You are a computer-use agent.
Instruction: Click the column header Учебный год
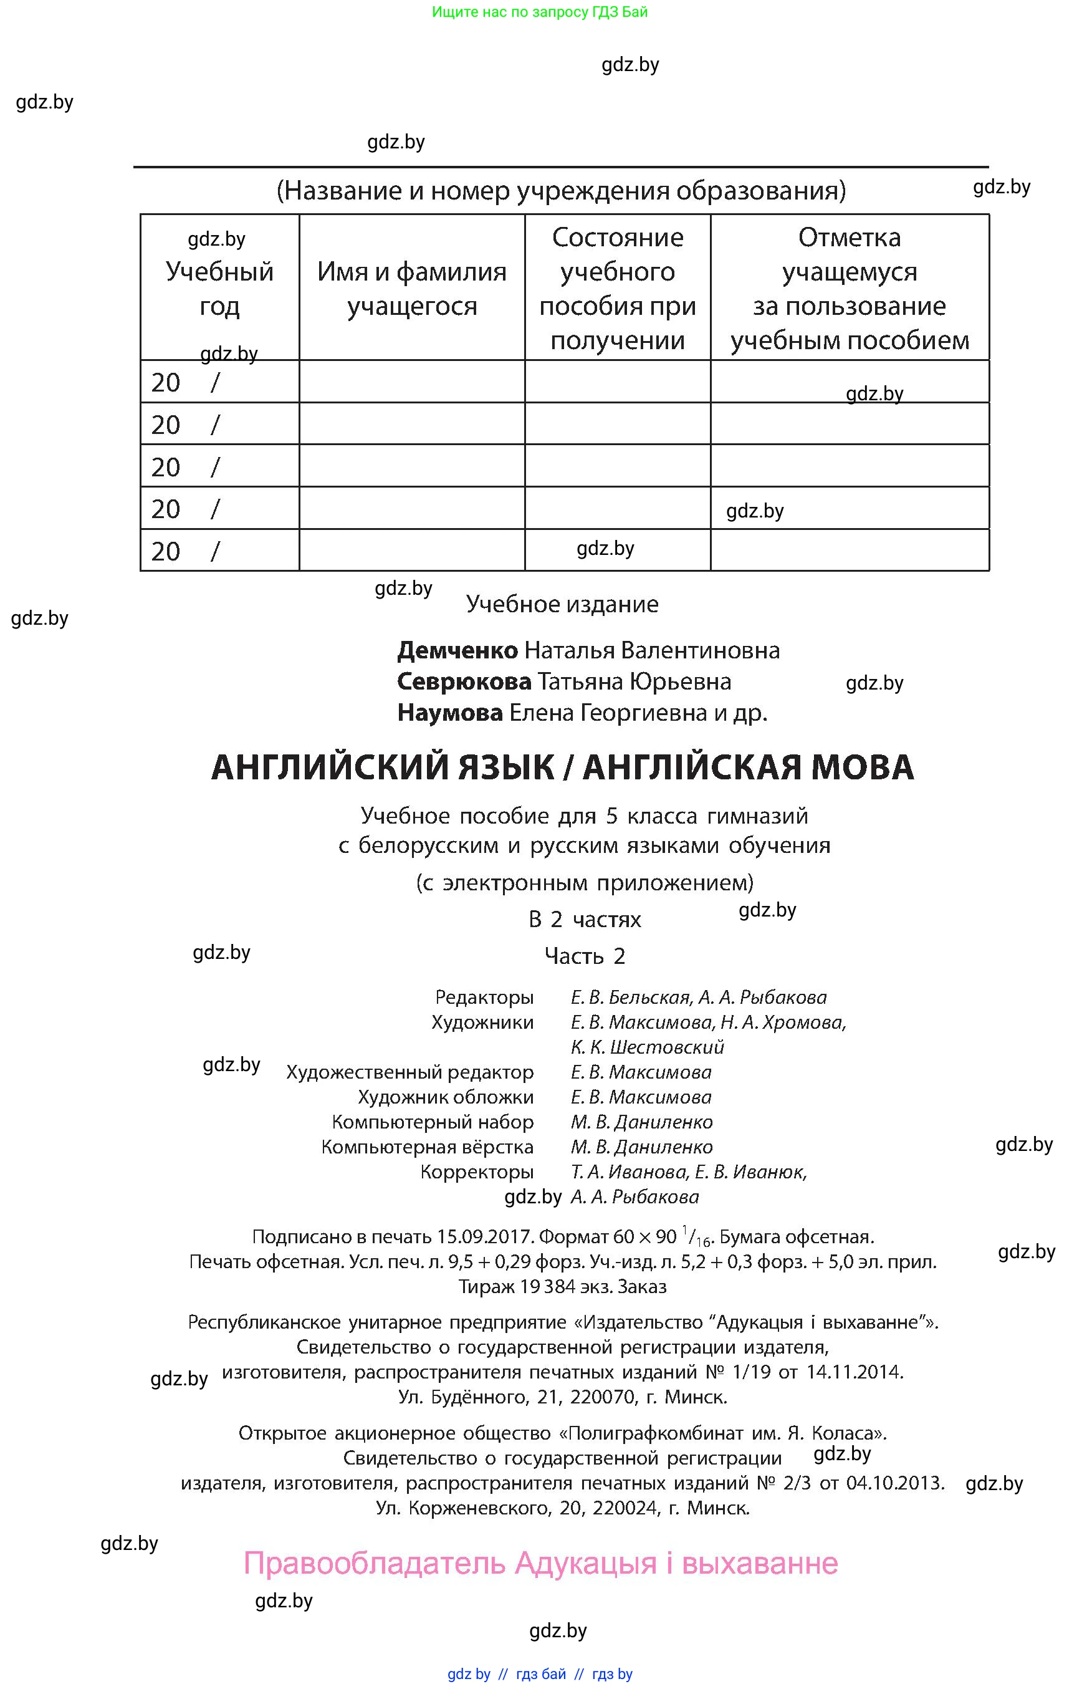tap(219, 288)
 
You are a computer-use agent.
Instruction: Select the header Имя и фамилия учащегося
tap(412, 288)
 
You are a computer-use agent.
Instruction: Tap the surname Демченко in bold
tap(457, 650)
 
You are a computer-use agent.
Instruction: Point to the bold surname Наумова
tap(449, 713)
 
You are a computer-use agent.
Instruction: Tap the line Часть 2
tap(585, 956)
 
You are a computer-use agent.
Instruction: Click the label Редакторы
tap(484, 997)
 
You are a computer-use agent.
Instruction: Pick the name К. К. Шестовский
tap(647, 1047)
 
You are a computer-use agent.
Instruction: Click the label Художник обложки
tap(446, 1097)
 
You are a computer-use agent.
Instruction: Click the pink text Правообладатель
tap(375, 1564)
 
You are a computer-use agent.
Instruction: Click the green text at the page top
tap(540, 12)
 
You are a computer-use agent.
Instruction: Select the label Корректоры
tap(476, 1172)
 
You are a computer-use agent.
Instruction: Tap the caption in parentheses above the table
tap(561, 191)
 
